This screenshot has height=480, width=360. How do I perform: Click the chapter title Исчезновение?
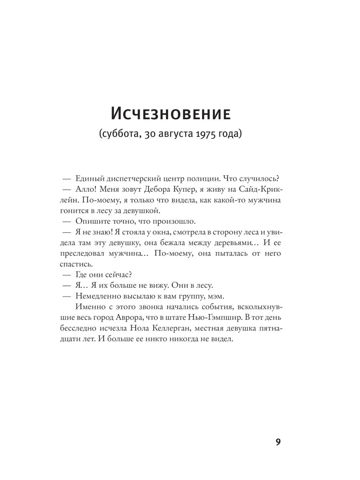point(170,114)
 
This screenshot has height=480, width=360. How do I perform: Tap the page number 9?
point(279,442)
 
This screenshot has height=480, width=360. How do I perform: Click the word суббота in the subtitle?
point(120,135)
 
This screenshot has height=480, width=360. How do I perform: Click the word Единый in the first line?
point(88,178)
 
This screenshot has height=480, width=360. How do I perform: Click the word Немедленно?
point(98,296)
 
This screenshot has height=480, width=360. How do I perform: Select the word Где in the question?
point(81,275)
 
